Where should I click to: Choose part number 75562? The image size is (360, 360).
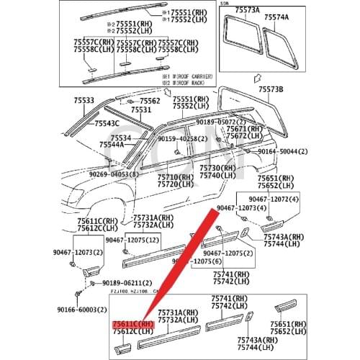tap(150, 102)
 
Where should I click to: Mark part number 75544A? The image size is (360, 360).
tap(113, 144)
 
